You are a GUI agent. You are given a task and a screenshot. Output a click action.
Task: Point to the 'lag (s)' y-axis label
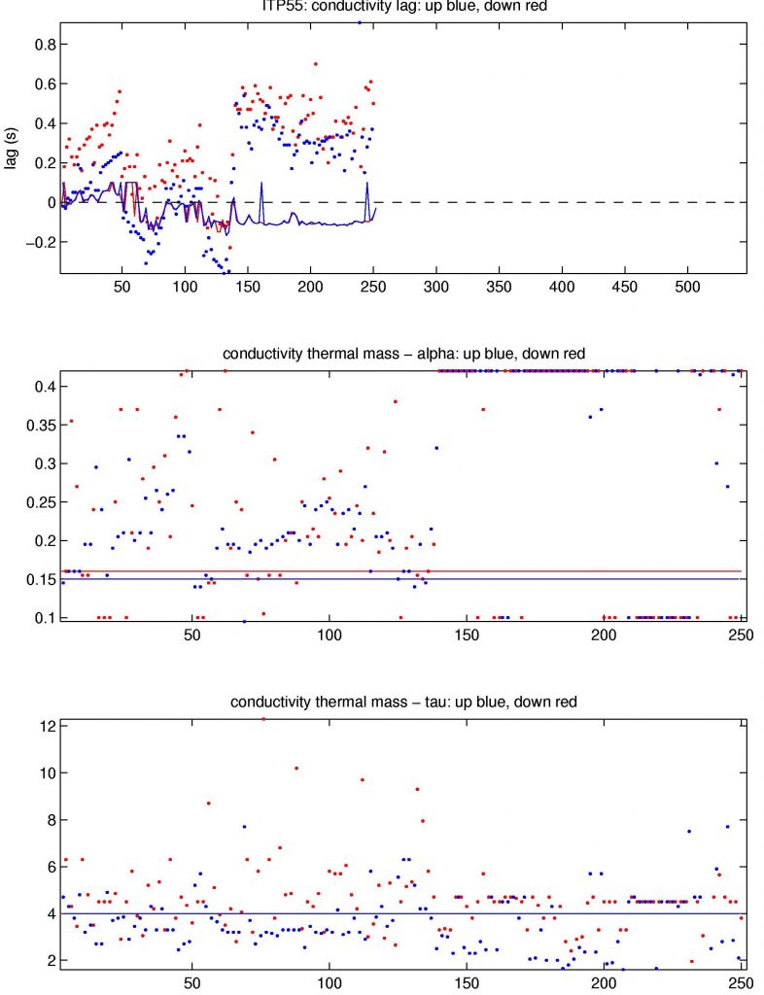click(11, 154)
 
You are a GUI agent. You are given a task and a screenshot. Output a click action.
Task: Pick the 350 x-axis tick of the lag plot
click(500, 289)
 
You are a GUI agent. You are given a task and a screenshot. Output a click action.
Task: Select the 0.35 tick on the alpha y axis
click(39, 426)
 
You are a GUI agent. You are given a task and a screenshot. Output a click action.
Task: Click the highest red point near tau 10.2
click(296, 768)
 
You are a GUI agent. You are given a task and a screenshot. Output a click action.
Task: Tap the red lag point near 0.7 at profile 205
click(316, 64)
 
